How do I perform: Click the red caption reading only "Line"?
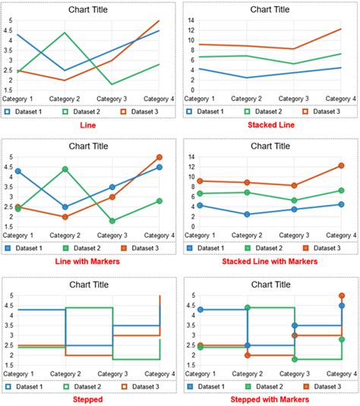(89, 124)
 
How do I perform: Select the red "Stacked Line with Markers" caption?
(270, 261)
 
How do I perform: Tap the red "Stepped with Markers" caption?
(270, 398)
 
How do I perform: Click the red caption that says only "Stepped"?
(89, 398)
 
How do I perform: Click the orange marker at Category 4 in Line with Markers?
(159, 157)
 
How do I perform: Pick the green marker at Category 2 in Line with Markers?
(66, 169)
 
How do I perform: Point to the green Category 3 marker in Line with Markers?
(112, 221)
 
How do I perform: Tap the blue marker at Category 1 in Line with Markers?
(18, 172)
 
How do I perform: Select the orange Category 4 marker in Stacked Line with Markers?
(341, 165)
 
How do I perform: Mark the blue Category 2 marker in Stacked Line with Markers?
(248, 214)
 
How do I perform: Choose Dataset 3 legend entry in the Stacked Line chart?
(322, 112)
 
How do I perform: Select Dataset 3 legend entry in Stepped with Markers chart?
(322, 386)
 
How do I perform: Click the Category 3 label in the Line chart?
(113, 99)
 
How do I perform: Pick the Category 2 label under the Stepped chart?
(66, 374)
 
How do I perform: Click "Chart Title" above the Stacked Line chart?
(270, 10)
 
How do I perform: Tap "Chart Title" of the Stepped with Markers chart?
(270, 285)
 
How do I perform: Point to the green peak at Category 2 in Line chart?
(66, 33)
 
